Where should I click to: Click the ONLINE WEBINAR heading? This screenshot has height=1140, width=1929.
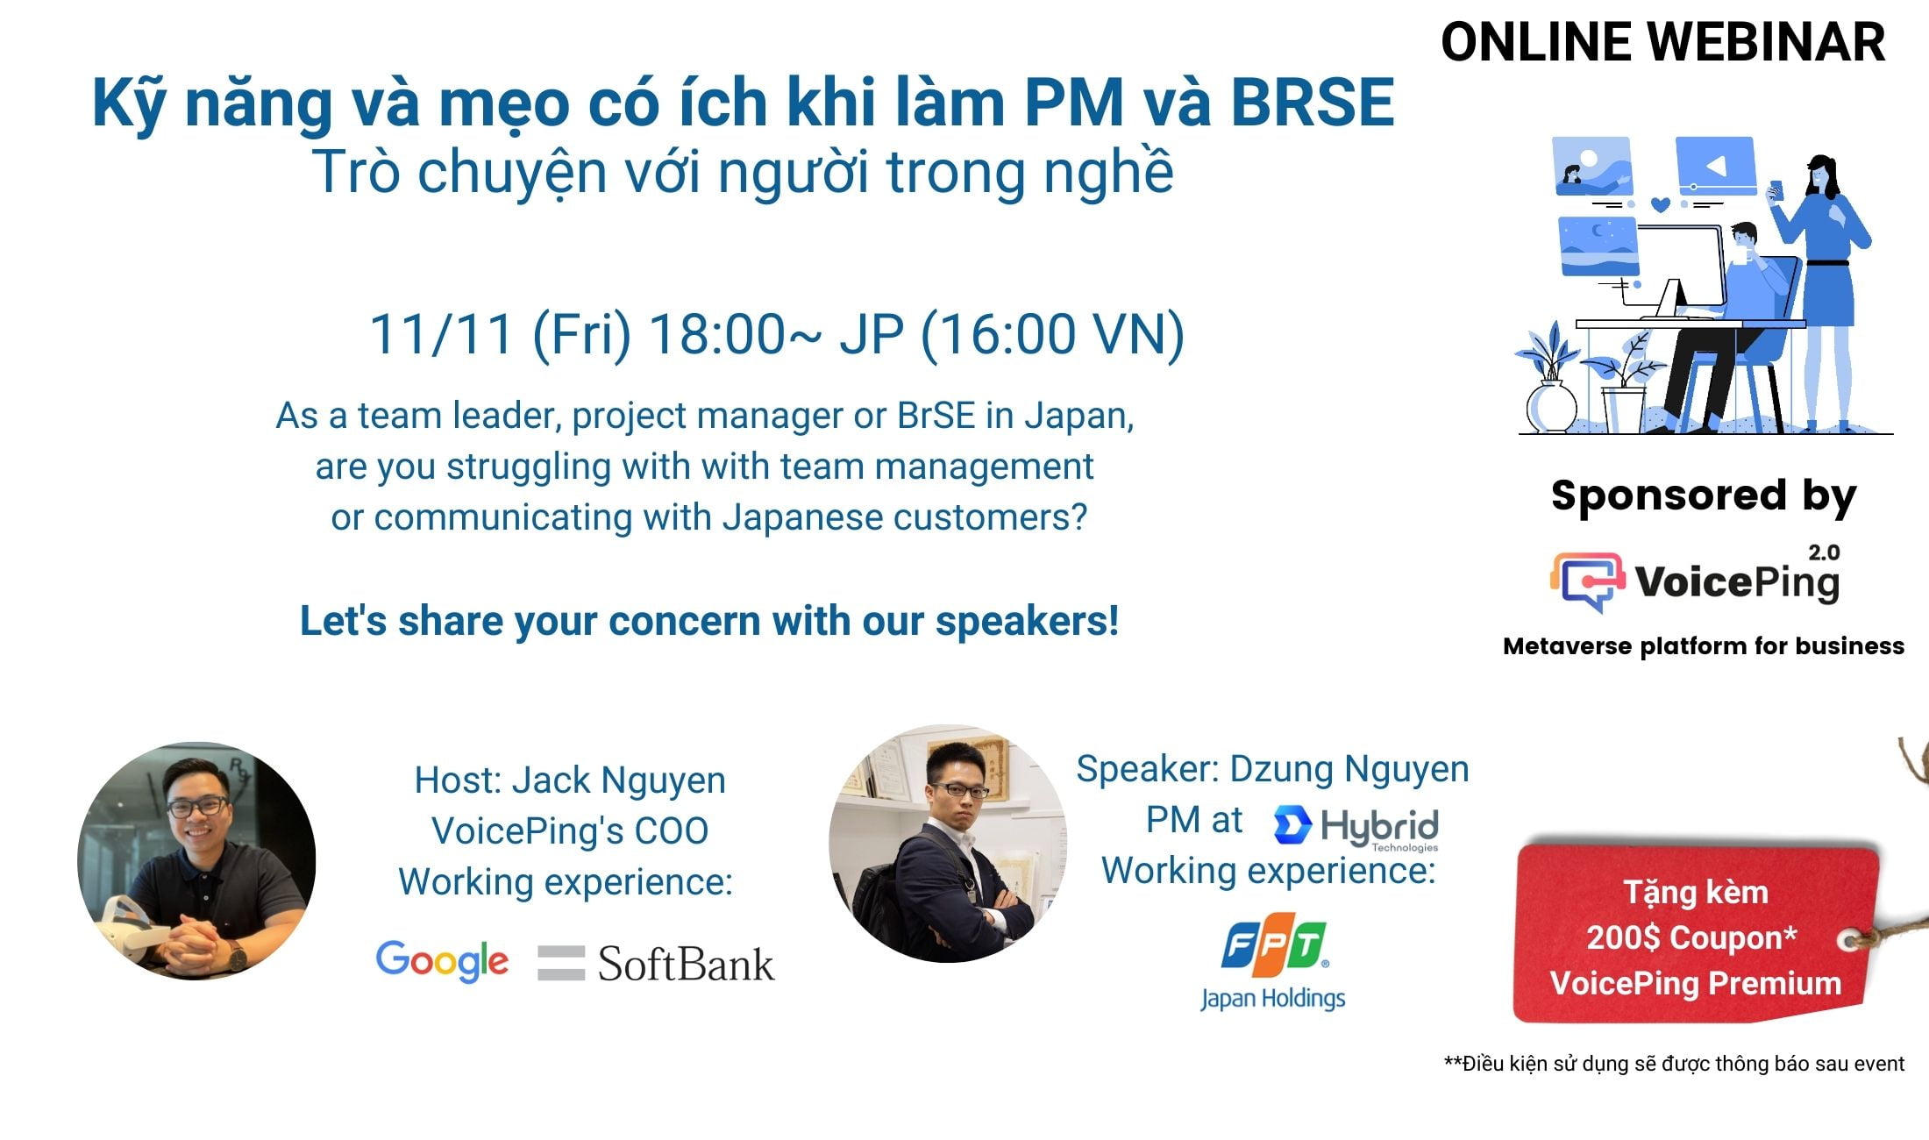pos(1662,42)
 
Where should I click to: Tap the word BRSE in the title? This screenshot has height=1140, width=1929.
pos(1313,103)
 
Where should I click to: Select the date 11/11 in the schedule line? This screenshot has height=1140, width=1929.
pos(441,334)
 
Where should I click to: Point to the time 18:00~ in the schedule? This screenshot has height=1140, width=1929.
pos(737,334)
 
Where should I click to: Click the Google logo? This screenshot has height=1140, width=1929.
pos(443,961)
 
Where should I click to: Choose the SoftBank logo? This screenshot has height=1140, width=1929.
pos(656,963)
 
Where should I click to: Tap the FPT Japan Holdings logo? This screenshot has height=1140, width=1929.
pos(1273,967)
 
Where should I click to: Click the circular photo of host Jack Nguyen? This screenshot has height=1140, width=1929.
pos(196,861)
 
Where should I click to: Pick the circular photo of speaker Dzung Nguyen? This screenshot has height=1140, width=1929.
pos(948,844)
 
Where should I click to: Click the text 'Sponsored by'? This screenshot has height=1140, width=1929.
pos(1704,496)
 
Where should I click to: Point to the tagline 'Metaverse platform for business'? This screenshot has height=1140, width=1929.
pos(1704,646)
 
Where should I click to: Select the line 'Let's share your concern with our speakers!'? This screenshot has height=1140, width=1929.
pos(709,621)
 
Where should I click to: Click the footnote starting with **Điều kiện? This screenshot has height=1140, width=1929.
pos(1674,1064)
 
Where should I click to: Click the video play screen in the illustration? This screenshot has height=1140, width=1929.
pos(1716,165)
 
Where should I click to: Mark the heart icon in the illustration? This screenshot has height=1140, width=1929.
pos(1660,204)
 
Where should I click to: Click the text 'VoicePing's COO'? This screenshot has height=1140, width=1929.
pos(570,831)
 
